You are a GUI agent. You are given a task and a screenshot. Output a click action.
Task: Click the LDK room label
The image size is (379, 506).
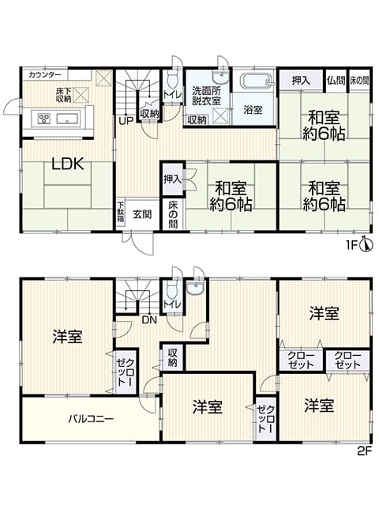click(68, 164)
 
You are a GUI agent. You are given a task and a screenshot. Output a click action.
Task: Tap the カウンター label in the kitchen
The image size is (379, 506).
click(45, 75)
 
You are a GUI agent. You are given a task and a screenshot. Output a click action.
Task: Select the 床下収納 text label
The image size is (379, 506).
click(63, 95)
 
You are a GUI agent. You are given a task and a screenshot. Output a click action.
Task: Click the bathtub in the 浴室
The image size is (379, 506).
click(257, 81)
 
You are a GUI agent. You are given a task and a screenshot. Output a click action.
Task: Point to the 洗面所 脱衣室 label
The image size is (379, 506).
click(206, 96)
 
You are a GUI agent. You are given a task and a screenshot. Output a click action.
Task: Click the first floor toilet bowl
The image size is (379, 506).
click(173, 80)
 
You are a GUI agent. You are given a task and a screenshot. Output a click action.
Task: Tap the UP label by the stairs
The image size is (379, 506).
click(126, 121)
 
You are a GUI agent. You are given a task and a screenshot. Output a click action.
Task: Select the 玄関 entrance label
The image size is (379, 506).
click(142, 214)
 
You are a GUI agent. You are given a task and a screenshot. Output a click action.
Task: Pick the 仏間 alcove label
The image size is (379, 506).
click(336, 81)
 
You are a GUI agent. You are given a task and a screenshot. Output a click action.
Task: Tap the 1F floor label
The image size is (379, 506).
click(352, 246)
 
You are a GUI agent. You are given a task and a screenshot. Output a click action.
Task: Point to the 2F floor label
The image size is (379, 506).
click(365, 450)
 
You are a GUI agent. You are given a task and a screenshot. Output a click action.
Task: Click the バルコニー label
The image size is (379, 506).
click(91, 419)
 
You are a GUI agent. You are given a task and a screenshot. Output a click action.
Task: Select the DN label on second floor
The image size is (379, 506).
click(149, 320)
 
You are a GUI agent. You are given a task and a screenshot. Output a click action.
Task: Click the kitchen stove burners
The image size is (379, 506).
click(43, 119)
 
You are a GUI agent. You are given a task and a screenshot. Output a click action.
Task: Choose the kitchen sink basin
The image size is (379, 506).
click(69, 119)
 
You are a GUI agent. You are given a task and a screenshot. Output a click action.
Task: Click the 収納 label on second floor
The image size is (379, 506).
click(172, 357)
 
